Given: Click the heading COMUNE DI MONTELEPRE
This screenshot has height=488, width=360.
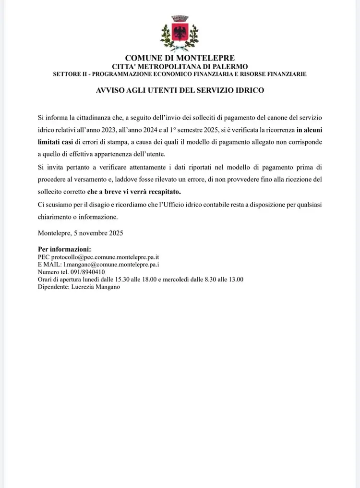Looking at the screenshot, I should pos(180,59).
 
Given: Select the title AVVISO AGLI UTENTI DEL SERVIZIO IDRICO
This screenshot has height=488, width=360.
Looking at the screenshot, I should pos(180,90).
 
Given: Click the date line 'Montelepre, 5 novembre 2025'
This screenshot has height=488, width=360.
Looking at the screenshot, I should pos(80,233).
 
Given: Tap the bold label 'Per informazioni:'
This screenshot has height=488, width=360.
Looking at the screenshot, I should pos(64,250).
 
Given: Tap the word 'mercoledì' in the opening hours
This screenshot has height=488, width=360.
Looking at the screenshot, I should pos(183,280).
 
